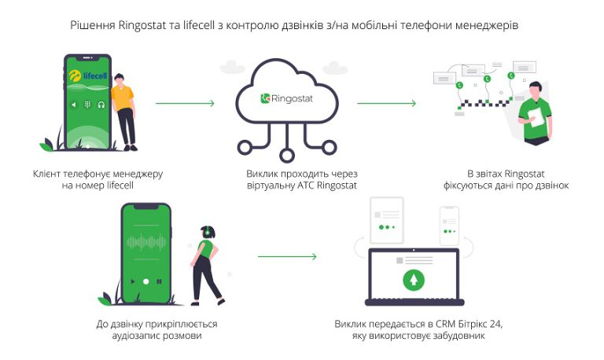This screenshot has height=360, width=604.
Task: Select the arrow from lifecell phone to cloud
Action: point(185,103)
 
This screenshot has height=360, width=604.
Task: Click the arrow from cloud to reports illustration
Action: point(386,103)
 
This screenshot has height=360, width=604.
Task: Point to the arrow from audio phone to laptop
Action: point(287,256)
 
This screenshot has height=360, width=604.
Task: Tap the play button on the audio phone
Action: point(145,281)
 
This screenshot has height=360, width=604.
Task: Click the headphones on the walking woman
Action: point(207,232)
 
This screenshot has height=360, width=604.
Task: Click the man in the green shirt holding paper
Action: point(537,110)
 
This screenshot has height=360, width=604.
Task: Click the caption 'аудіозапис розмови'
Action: point(157,336)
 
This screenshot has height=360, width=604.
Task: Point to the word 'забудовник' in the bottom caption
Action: point(457,336)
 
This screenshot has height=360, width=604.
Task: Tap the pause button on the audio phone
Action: point(158,281)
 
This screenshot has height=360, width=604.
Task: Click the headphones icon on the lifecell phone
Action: point(101,104)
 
